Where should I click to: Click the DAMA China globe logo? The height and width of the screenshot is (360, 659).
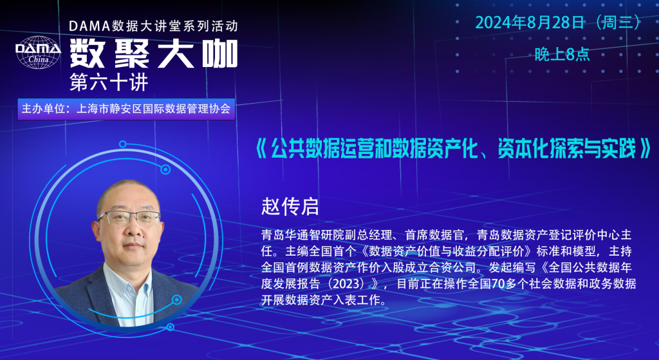38,52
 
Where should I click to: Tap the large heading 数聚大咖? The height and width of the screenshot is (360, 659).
154,54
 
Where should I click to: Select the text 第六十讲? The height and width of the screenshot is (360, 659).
109,82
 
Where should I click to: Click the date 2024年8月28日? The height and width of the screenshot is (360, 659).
530,23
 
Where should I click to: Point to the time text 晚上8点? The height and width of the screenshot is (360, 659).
562,54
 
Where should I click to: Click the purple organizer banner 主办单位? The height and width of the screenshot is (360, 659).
126,109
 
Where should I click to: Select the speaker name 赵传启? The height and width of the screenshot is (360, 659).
290,207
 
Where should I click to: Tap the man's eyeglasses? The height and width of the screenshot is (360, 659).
129,218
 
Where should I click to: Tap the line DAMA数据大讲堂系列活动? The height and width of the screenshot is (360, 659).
153,26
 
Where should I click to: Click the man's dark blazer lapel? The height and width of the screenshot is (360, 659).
93,294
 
